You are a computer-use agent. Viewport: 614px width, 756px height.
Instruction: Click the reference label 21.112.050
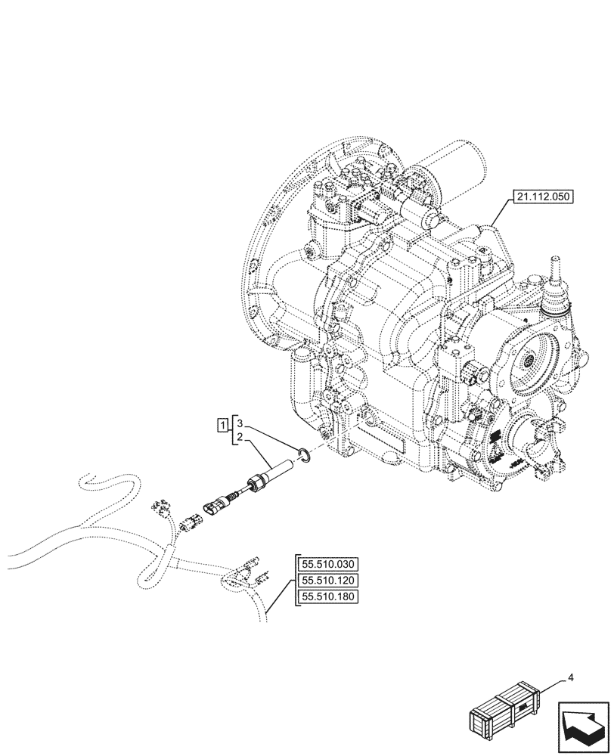543,198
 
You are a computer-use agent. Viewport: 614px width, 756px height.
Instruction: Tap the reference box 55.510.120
330,581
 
